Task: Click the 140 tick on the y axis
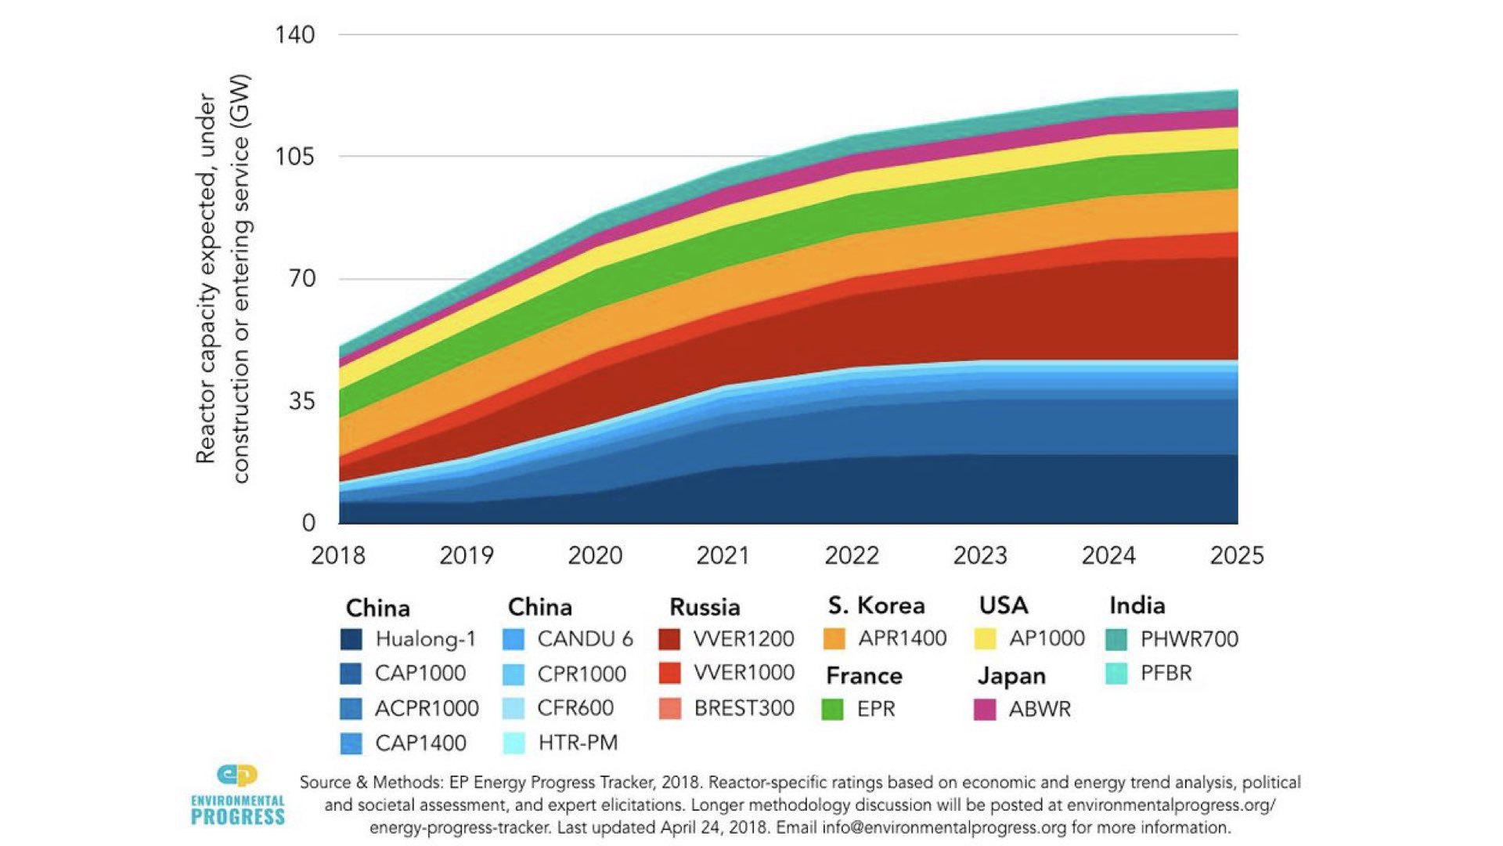(x=294, y=34)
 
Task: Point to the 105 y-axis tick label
(x=294, y=157)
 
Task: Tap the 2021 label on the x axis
(x=723, y=555)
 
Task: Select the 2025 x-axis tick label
(x=1236, y=555)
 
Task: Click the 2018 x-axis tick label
(x=338, y=555)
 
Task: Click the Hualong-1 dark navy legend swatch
(x=351, y=639)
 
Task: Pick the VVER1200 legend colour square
(x=670, y=639)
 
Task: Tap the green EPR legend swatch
(x=833, y=709)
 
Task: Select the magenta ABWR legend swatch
(x=985, y=709)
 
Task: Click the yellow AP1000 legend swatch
(x=985, y=639)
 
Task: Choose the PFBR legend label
(x=1166, y=674)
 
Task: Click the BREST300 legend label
(x=744, y=708)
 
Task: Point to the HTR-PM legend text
(x=578, y=743)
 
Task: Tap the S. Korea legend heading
(x=876, y=606)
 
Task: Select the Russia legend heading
(x=705, y=607)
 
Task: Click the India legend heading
(x=1137, y=606)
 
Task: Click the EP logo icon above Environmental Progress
(x=237, y=775)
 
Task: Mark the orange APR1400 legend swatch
(x=834, y=639)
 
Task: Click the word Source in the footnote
(x=326, y=783)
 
